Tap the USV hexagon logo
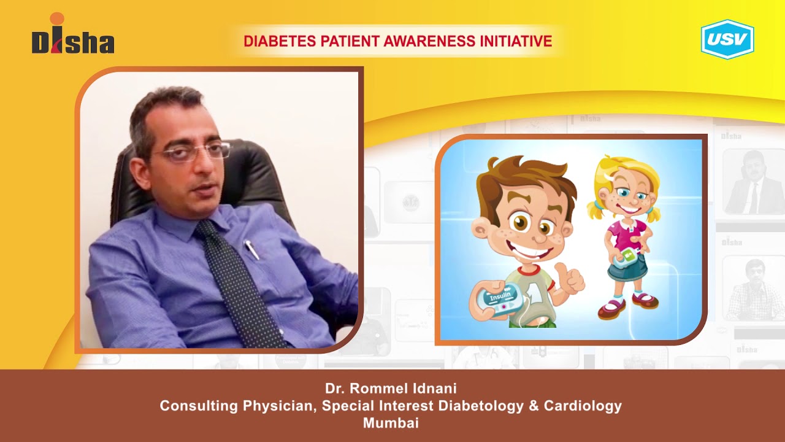click(727, 39)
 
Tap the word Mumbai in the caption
click(391, 423)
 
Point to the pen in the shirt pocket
click(251, 249)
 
